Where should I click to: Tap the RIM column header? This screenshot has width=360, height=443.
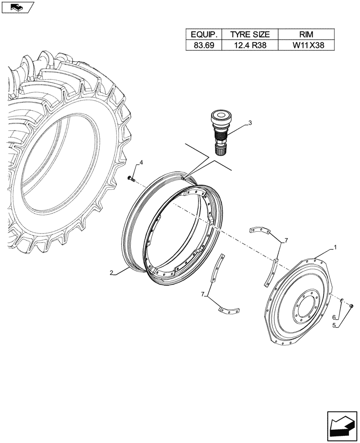[x=306, y=35]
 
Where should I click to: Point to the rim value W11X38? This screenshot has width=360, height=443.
[x=306, y=45]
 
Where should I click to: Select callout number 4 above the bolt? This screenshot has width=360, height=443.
[x=141, y=163]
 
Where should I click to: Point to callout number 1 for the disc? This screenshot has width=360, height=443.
[x=336, y=247]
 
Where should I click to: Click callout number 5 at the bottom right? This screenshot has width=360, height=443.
[x=336, y=326]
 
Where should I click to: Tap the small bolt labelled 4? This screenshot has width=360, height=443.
[x=130, y=179]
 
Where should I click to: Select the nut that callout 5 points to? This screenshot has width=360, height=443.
[x=351, y=306]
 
